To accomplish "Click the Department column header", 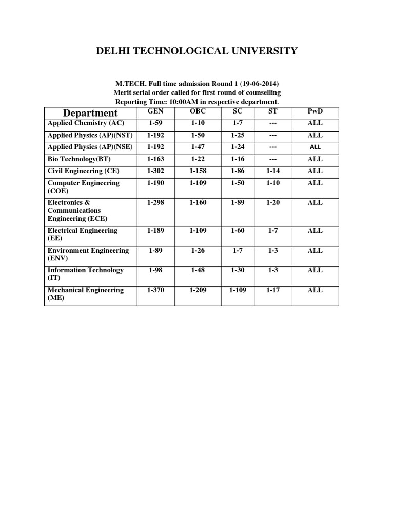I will coord(90,113).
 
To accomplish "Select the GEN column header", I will coord(155,111).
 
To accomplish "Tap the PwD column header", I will coord(315,111).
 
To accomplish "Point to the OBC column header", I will coord(198,111).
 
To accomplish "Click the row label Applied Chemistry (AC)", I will coord(86,123).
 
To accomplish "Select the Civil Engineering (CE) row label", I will coord(84,171).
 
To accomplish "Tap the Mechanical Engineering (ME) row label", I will coord(86,294).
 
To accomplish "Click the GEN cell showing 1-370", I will coord(155,290).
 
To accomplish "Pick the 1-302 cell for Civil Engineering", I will coord(155,171).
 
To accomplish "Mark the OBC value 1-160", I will coord(198,203).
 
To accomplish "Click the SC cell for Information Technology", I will coord(238,270).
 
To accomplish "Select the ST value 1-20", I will coord(273,203).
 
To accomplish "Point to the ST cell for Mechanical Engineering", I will coord(273,290).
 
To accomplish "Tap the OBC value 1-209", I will coord(198,290).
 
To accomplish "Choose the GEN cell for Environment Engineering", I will coord(155,251).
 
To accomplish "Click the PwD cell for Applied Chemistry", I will coord(315,123).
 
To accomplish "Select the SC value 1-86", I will coord(238,171).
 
